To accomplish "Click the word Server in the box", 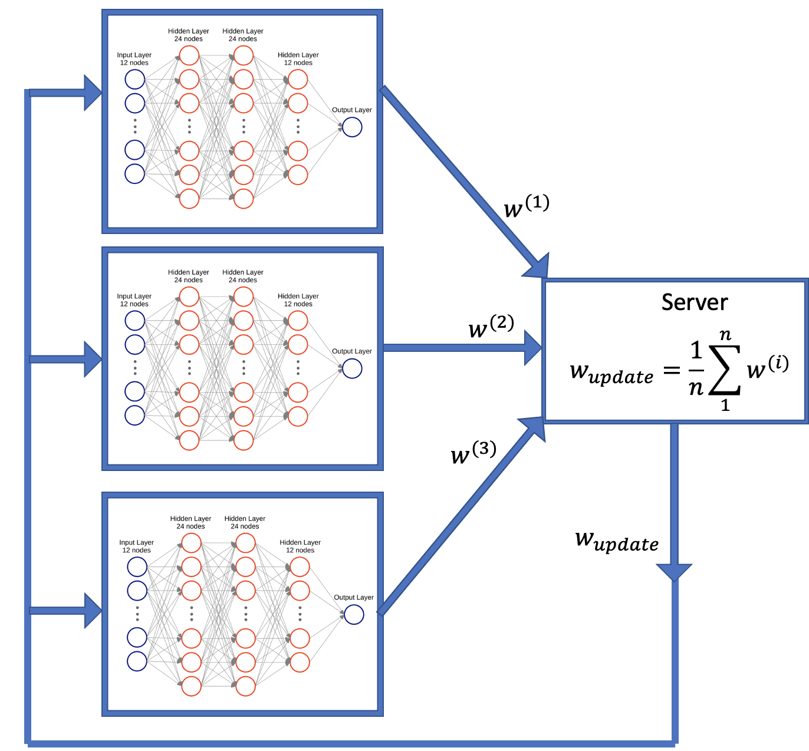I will pos(695,302).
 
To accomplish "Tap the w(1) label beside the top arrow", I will pos(526,206).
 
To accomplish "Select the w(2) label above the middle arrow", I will pos(491,327).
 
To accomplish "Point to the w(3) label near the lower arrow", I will pos(473,453).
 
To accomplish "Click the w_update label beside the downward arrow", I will pos(617,541).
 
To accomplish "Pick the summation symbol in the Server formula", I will pos(725,370).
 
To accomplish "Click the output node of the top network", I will pos(352,127).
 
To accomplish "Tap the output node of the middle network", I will pos(352,368).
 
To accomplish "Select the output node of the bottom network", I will pos(354,614).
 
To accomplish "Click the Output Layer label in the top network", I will pos(351,110).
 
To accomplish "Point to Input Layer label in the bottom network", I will pos(136,546).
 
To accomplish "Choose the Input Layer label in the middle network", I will pos(134,300).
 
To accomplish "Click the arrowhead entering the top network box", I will pos(93,93).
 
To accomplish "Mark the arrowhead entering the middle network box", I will pos(93,359).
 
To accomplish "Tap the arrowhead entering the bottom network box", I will pos(93,611).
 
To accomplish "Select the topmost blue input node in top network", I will pos(134,80).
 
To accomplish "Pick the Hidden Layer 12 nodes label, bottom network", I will pos(300,546).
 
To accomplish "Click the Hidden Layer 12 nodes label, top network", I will pos(298,58).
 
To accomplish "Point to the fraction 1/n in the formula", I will pos(696,369).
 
